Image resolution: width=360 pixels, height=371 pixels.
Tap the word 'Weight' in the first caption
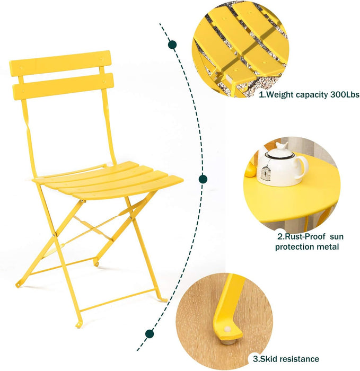[x=280, y=95]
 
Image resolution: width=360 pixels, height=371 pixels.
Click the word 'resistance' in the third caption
[x=300, y=359]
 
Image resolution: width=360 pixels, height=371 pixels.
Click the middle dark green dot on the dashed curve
[x=203, y=179]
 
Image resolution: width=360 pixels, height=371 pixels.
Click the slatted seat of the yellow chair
[x=109, y=179]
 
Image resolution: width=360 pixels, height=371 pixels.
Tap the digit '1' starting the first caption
[x=261, y=95]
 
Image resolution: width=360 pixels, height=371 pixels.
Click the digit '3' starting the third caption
[x=254, y=359]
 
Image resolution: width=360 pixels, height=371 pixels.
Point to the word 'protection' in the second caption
[x=294, y=246]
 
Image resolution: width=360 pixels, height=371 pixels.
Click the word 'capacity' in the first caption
[x=313, y=95]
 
